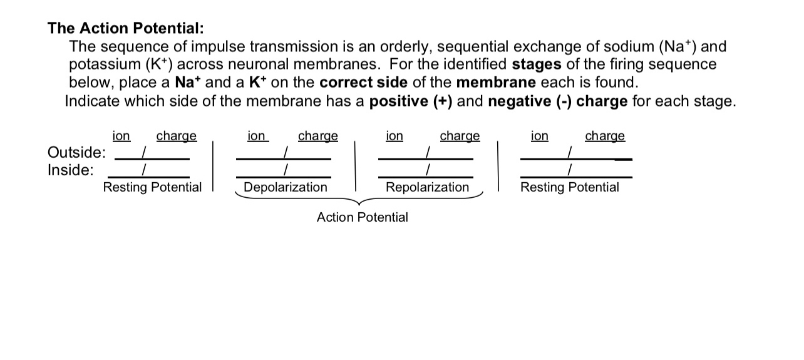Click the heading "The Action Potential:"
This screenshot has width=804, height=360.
click(x=126, y=28)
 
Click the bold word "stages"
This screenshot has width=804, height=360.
click(x=537, y=64)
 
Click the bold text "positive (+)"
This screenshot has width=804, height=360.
click(x=411, y=101)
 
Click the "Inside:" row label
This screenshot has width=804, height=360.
click(x=71, y=170)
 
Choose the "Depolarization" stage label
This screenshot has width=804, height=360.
click(x=285, y=187)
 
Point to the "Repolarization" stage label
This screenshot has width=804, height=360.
click(x=427, y=187)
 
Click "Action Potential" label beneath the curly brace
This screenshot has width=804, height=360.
click(x=362, y=217)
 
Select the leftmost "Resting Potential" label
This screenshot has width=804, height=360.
click(x=152, y=187)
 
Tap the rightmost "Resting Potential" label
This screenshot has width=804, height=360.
click(x=569, y=187)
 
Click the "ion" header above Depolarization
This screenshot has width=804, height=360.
click(x=257, y=136)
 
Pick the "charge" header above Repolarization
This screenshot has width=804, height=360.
click(x=460, y=136)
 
